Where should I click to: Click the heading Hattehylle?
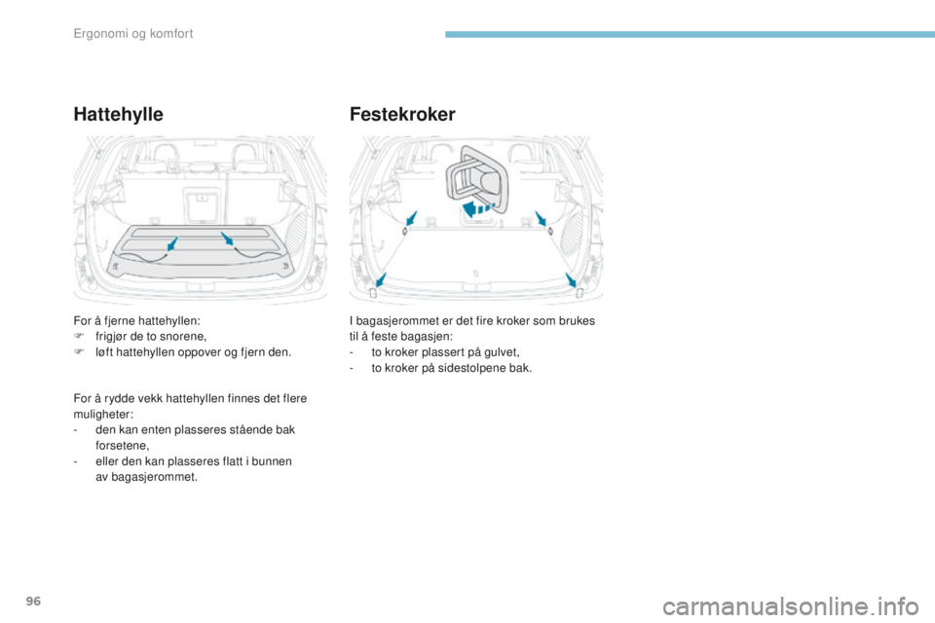point(118,113)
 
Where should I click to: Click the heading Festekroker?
point(400,113)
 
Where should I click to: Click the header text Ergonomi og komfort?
point(133,34)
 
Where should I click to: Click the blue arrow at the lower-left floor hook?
point(381,280)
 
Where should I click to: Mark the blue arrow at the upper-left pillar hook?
point(411,218)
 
